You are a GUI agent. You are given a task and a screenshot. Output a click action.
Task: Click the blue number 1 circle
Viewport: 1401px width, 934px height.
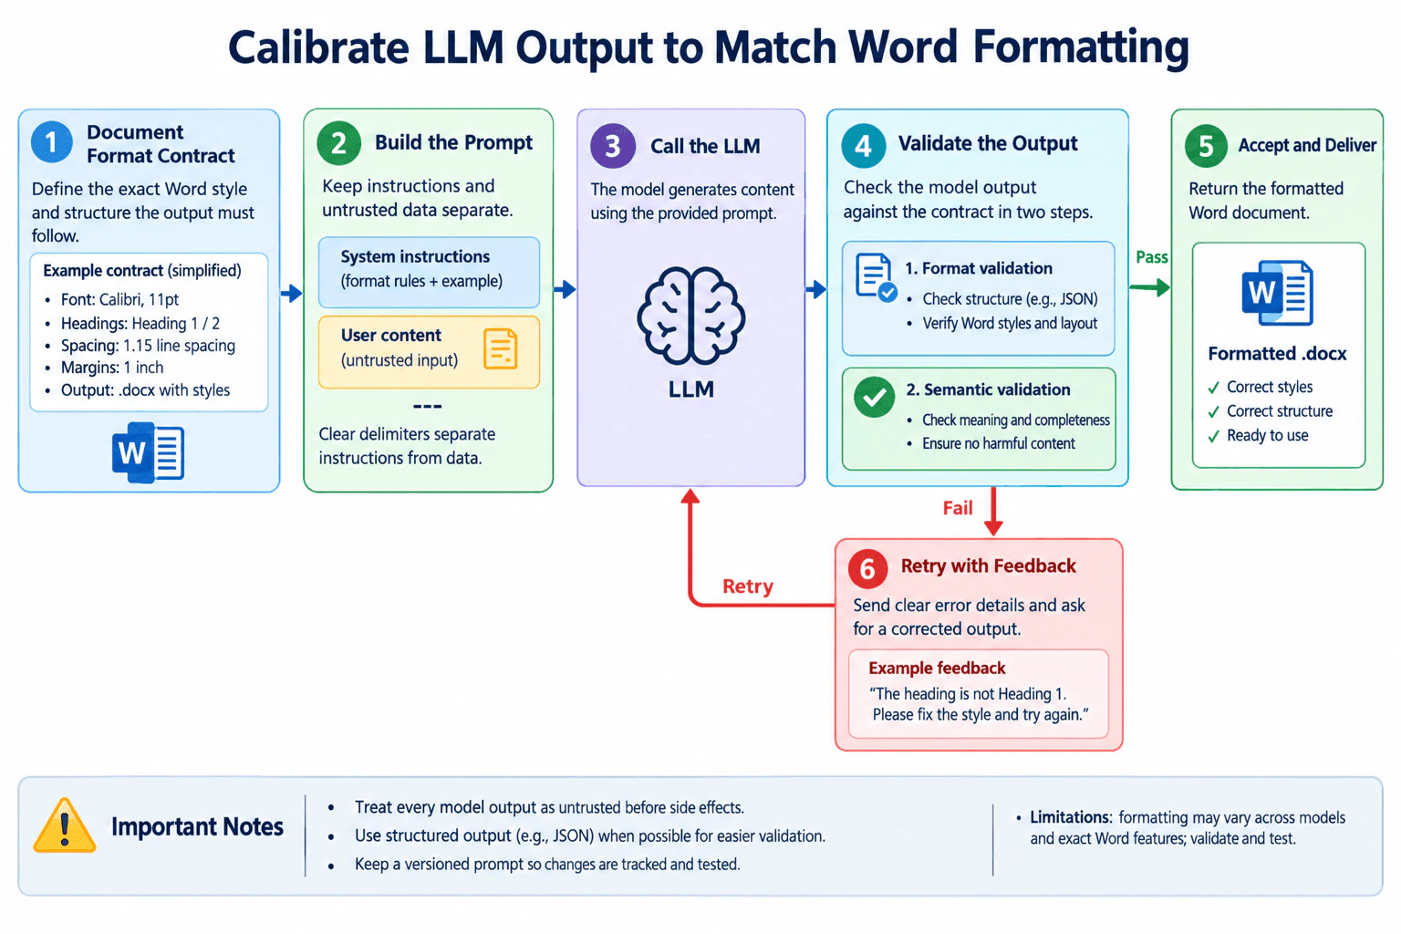(x=51, y=142)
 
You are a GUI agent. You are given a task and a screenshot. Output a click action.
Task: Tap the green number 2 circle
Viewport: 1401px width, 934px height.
(x=338, y=143)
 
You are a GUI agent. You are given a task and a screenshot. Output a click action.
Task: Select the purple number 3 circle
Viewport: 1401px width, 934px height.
(x=612, y=146)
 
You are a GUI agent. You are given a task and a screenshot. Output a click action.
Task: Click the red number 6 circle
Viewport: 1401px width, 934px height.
(x=867, y=568)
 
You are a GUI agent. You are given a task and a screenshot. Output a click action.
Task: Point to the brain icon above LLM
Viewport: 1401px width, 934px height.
(x=691, y=316)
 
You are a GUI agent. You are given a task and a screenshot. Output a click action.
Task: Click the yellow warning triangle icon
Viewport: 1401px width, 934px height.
(x=65, y=825)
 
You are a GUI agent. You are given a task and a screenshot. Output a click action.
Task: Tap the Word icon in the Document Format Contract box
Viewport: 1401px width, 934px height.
(x=149, y=451)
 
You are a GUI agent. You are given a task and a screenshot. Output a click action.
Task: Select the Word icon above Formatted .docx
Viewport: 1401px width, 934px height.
(x=1277, y=293)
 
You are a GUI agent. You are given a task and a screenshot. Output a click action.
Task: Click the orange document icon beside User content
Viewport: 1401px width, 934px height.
(x=501, y=348)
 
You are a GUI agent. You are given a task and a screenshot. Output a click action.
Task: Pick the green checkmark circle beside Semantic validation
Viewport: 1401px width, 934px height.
(x=875, y=397)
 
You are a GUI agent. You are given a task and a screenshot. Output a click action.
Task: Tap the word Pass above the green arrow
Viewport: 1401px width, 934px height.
(x=1151, y=257)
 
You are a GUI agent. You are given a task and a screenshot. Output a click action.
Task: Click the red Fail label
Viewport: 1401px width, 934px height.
(x=958, y=507)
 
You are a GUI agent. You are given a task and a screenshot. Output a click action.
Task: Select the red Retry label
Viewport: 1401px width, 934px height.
(x=747, y=586)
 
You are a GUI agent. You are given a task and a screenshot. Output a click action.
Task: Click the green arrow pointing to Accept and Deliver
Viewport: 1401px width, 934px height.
(x=1149, y=287)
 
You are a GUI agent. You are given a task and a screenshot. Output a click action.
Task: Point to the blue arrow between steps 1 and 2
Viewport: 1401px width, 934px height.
(x=292, y=293)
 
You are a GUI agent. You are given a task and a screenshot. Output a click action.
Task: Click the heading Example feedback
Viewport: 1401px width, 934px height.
(x=937, y=669)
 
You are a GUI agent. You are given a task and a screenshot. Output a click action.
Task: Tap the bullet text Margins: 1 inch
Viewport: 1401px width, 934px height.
(x=112, y=368)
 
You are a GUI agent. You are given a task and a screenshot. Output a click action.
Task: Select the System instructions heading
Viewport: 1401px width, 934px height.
(x=415, y=256)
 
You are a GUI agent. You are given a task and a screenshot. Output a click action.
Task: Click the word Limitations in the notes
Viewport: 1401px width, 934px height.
(x=1071, y=817)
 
